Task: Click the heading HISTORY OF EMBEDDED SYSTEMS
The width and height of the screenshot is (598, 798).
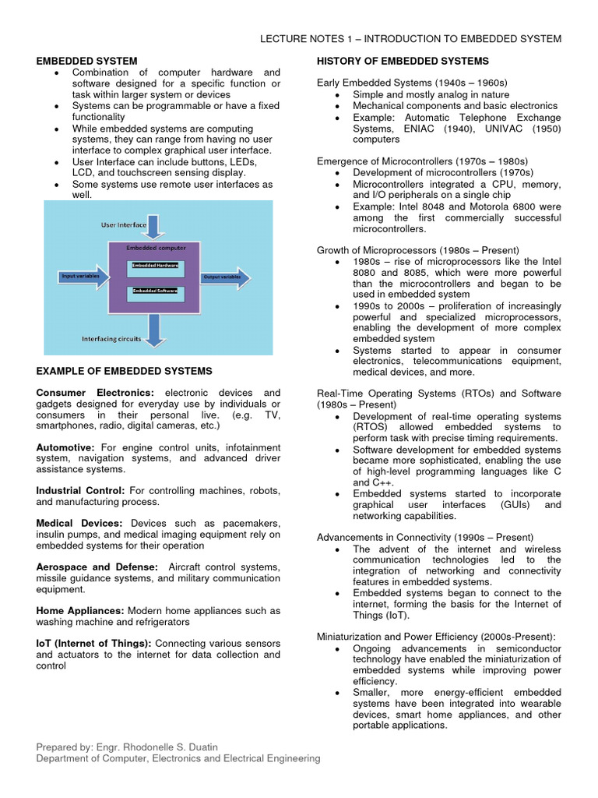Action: pyautogui.click(x=403, y=61)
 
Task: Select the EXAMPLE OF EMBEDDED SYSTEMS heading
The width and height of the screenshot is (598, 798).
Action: pyautogui.click(x=124, y=371)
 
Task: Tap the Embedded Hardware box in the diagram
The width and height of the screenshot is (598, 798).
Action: pyautogui.click(x=154, y=266)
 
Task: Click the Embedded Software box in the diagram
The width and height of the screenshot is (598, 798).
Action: pyautogui.click(x=154, y=291)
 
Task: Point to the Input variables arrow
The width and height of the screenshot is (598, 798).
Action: pyautogui.click(x=83, y=277)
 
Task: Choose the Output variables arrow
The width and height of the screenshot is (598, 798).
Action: pyautogui.click(x=225, y=277)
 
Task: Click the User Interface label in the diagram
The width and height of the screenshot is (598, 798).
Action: pyautogui.click(x=124, y=224)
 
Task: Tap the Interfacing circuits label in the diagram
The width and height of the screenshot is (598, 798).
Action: pyautogui.click(x=112, y=338)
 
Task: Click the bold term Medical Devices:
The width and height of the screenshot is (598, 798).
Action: pyautogui.click(x=79, y=523)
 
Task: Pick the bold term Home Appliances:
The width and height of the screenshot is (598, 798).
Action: pyautogui.click(x=80, y=611)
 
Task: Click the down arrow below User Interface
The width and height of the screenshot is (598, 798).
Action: pyautogui.click(x=154, y=224)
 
